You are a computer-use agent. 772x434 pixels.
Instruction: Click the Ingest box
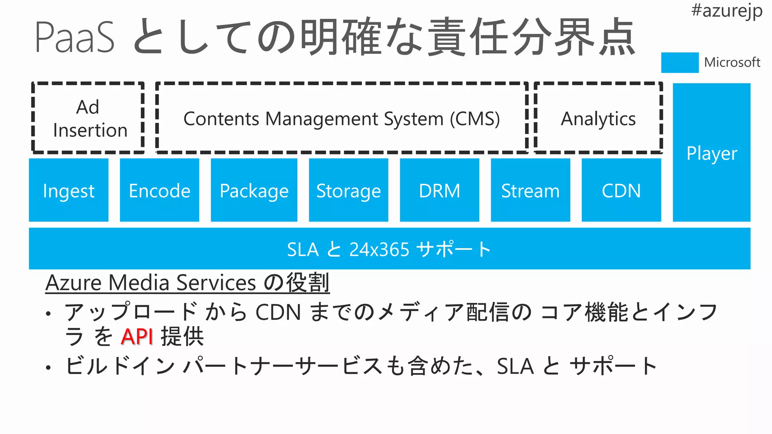69,190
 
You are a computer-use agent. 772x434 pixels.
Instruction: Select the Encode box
159,190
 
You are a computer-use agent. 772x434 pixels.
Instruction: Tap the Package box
254,190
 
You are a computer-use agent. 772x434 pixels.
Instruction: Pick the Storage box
349,190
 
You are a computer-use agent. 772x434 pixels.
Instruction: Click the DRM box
440,190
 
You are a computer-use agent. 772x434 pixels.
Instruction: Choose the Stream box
530,190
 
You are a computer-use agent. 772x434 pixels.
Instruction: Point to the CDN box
621,190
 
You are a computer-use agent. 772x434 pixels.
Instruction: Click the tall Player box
712,153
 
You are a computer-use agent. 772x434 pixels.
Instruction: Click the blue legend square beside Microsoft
680,63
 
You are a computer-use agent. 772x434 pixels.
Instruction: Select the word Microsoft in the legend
732,63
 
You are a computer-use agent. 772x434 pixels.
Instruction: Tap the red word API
137,336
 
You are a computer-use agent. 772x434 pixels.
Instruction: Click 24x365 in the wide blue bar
379,249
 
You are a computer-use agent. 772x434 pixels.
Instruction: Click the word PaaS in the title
74,38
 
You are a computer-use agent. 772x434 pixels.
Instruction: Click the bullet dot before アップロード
48,313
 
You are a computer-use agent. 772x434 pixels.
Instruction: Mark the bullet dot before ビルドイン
48,367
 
